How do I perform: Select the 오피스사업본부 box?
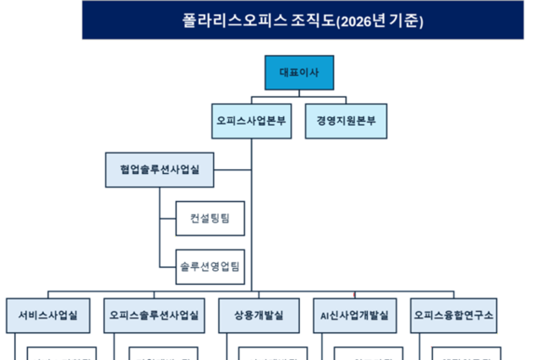click(x=251, y=121)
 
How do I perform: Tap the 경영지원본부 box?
click(x=346, y=121)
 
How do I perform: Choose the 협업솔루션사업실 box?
click(x=160, y=170)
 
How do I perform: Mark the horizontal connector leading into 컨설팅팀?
click(x=167, y=219)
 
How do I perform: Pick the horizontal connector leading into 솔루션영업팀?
click(x=167, y=267)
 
